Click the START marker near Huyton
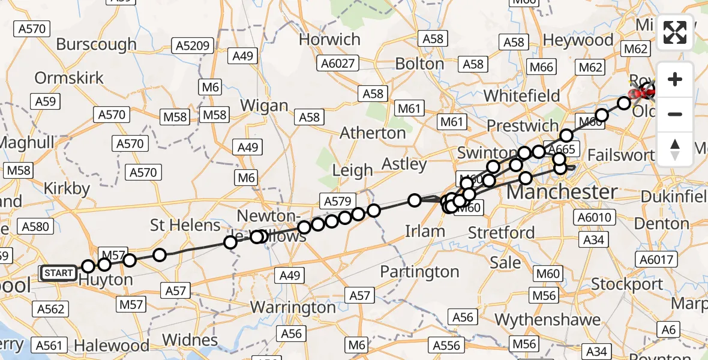[x=58, y=274]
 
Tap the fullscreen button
[x=675, y=32]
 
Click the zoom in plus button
[x=675, y=79]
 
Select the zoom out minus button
[x=675, y=114]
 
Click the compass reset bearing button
[x=675, y=149]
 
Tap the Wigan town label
[x=264, y=106]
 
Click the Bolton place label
[x=419, y=63]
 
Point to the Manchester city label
[x=562, y=193]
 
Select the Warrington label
[x=293, y=307]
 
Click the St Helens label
[x=185, y=225]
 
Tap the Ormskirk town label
[x=69, y=78]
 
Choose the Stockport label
[x=627, y=283]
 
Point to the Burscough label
[x=97, y=44]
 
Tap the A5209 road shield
[x=191, y=45]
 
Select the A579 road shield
[x=337, y=201]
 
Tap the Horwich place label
[x=329, y=40]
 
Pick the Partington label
[x=419, y=272]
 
